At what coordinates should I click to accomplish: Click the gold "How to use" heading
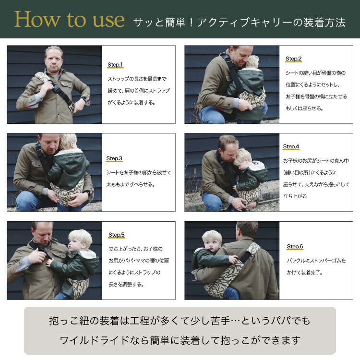tap(69, 20)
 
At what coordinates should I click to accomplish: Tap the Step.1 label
tap(115, 65)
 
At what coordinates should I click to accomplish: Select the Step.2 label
tap(293, 59)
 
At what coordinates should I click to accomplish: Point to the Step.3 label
tap(114, 158)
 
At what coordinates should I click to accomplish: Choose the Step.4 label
tap(291, 146)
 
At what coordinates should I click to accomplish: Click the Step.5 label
tap(117, 235)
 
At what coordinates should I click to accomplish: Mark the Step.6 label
tap(295, 247)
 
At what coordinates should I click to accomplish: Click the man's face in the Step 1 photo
tap(54, 61)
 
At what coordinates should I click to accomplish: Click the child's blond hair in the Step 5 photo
tap(81, 237)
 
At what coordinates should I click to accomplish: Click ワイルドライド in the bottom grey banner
tap(95, 340)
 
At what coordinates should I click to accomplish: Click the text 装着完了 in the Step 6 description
tap(308, 273)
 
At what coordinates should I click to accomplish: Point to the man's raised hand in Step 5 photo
tap(37, 255)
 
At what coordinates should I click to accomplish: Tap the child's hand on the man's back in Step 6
tap(233, 259)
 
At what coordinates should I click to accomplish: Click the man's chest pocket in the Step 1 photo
tap(66, 86)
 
